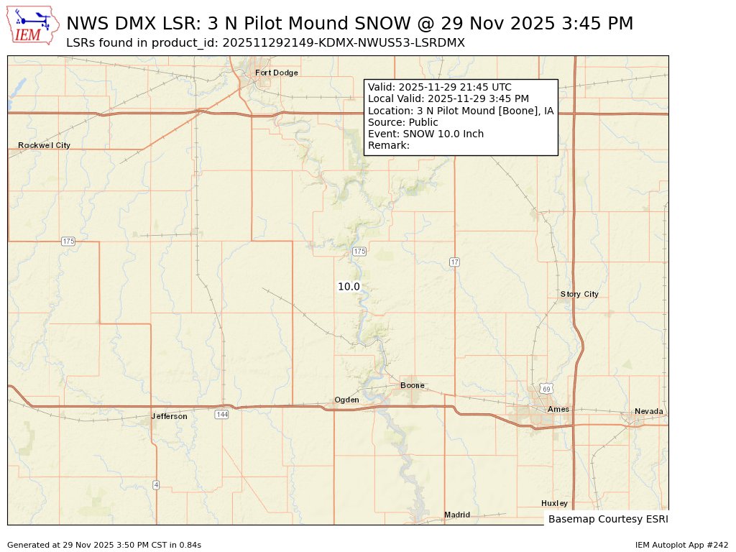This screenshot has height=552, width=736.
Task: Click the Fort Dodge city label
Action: point(276,73)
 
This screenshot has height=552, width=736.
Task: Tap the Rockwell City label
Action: point(44,145)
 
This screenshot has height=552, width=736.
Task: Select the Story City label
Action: point(579,294)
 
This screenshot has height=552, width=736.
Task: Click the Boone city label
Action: point(413,385)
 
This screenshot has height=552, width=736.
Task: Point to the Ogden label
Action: point(346,400)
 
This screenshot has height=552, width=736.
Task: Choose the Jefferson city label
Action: point(170,416)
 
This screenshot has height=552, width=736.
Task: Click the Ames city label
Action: point(558,409)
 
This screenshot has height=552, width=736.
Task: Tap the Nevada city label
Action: point(649,411)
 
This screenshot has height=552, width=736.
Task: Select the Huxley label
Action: point(554,503)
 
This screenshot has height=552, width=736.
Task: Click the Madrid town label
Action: point(457,515)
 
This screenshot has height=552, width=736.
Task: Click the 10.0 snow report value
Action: point(349,286)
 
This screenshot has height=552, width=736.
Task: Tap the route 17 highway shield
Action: point(454,262)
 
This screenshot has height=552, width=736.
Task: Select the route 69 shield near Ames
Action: point(547,389)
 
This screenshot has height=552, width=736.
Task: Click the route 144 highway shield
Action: point(221,414)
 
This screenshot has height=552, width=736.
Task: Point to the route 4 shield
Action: point(156,484)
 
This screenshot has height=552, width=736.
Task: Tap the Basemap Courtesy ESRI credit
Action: point(607,518)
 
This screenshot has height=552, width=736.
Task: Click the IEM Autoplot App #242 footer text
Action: point(681,545)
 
